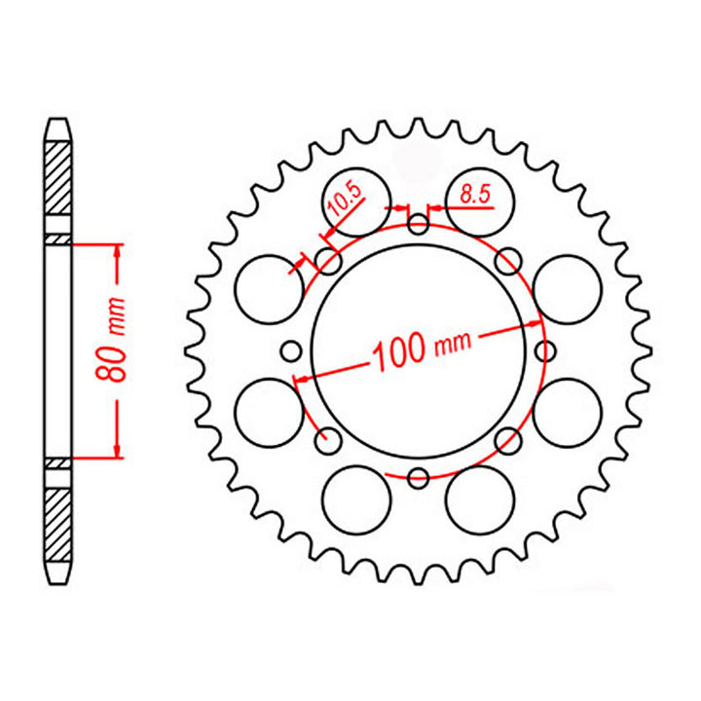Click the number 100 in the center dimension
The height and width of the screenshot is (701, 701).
(x=396, y=352)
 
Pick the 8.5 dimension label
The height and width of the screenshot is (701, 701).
(x=474, y=195)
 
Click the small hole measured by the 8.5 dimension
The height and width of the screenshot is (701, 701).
(x=419, y=227)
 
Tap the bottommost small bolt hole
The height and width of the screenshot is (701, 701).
(x=419, y=477)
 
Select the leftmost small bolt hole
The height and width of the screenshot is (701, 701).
(x=289, y=350)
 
